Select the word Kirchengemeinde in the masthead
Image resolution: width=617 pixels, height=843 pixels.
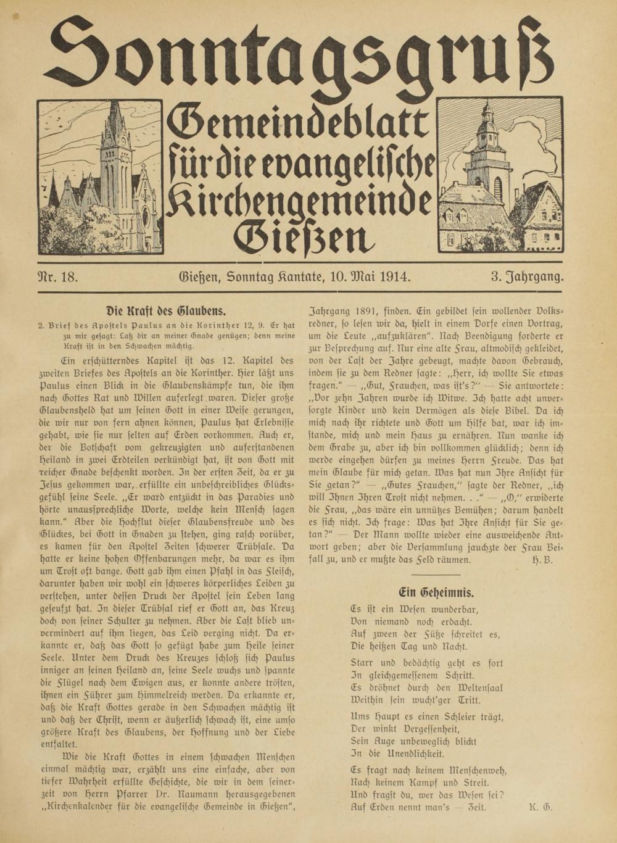pos(299,199)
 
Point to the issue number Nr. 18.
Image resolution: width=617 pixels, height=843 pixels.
pos(58,276)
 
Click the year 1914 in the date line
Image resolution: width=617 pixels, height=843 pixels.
pos(395,276)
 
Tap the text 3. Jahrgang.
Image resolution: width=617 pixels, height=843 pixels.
pos(528,276)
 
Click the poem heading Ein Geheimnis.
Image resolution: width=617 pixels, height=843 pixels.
pos(436,592)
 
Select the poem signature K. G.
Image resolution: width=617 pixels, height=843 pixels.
pos(540,807)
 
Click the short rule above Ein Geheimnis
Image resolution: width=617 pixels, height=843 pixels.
pos(436,575)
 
